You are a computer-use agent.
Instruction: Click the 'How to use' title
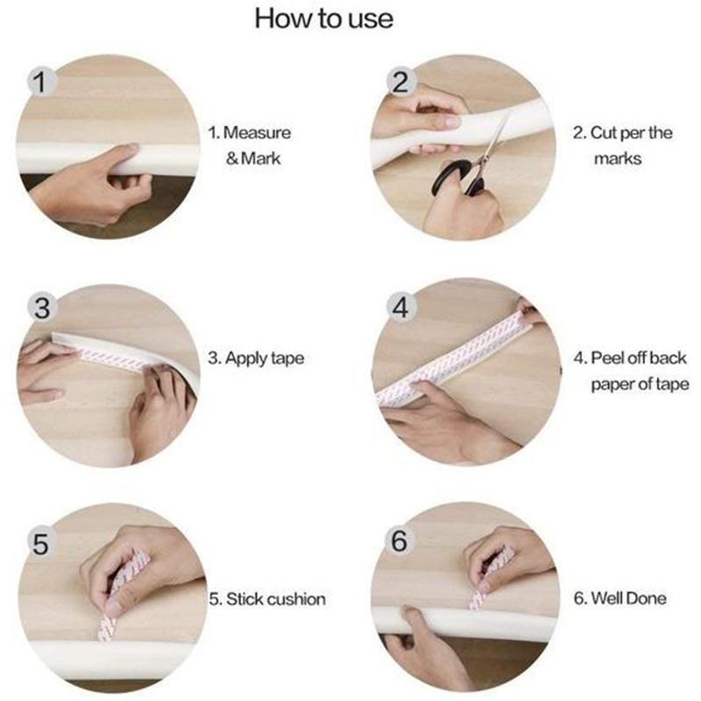[x=323, y=18]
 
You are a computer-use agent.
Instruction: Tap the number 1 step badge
[x=41, y=82]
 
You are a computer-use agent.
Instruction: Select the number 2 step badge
[x=400, y=82]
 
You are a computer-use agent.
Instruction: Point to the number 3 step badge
[x=42, y=308]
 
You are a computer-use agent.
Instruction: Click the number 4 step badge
[x=400, y=308]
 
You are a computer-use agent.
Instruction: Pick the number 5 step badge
[x=41, y=543]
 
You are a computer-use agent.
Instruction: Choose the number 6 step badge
[x=400, y=540]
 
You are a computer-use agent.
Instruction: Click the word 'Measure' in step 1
[x=257, y=133]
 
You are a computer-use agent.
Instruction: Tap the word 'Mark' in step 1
[x=261, y=159]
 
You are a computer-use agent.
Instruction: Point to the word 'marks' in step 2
[x=618, y=159]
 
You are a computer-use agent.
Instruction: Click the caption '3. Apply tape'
[x=256, y=358]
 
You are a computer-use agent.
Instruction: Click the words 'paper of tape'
[x=640, y=385]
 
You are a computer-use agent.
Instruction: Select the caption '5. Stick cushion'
[x=267, y=599]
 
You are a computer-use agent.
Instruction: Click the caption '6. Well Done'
[x=620, y=598]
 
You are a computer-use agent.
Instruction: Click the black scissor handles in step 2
[x=458, y=178]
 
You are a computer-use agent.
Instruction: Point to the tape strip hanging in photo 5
[x=107, y=627]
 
